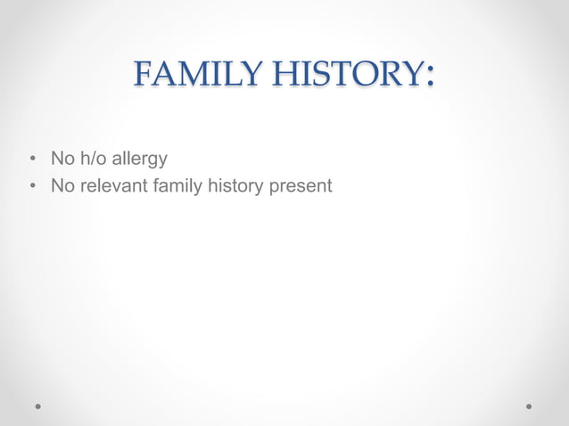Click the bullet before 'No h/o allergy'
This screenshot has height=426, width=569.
point(32,160)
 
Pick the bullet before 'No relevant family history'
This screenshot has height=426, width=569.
point(32,187)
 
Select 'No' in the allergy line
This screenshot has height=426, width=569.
point(62,160)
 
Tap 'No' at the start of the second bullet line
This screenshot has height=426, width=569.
point(62,186)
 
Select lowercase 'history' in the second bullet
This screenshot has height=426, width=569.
point(235,187)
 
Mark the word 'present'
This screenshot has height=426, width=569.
point(301,187)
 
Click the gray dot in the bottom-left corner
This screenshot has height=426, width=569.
point(39,406)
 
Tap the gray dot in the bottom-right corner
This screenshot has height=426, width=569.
point(529,406)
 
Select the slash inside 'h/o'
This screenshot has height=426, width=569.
point(92,160)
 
